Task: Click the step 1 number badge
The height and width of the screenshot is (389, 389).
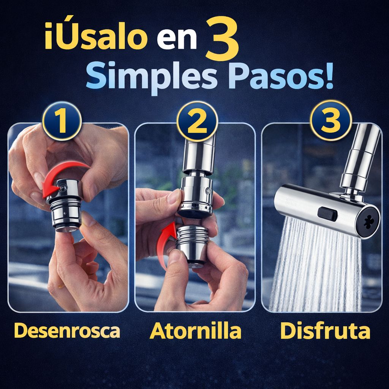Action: click(62, 121)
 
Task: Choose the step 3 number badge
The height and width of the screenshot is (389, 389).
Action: click(330, 119)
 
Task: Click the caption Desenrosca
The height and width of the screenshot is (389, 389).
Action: click(67, 331)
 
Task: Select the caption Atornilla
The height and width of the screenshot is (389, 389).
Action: click(195, 331)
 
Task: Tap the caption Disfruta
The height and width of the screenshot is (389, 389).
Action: click(325, 331)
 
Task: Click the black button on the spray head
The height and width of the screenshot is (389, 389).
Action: click(328, 213)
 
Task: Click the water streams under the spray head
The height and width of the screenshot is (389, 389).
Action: click(315, 270)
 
